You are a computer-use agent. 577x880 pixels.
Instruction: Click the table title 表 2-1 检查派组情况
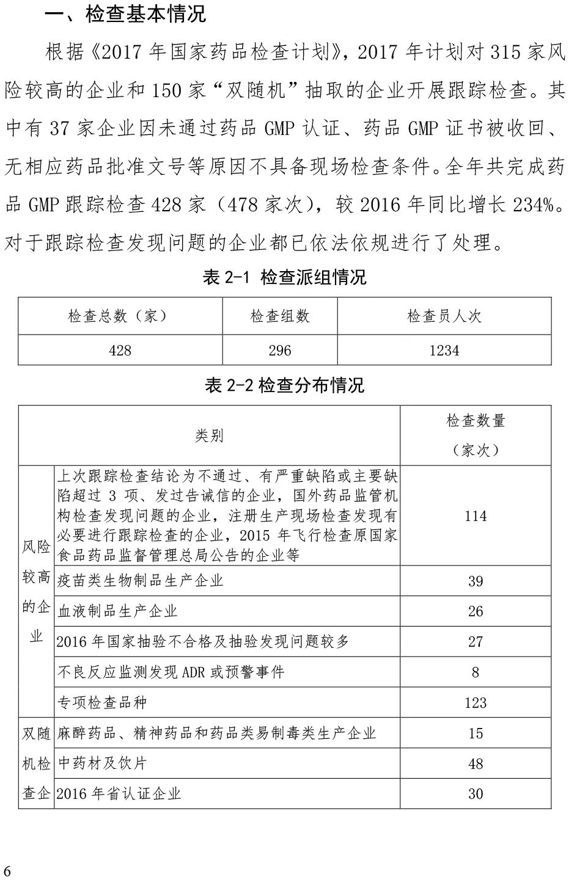tap(284, 277)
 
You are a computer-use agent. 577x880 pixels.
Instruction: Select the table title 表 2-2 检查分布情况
tap(284, 385)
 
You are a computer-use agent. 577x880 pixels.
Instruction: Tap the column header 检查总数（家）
tap(120, 316)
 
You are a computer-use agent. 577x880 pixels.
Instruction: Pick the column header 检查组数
tap(280, 316)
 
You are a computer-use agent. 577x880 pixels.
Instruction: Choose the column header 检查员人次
tap(444, 316)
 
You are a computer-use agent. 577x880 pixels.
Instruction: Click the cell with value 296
tap(280, 350)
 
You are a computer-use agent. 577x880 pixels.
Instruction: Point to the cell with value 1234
tap(444, 350)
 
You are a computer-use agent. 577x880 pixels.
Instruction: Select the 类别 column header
tap(209, 435)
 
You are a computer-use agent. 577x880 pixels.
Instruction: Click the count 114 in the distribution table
tap(476, 516)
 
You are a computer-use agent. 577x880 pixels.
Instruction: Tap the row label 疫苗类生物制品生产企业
tap(141, 580)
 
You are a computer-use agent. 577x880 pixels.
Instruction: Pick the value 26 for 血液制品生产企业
tap(476, 611)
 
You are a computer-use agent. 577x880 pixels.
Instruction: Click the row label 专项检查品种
tap(102, 702)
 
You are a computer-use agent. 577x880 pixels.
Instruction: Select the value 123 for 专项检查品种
tap(476, 703)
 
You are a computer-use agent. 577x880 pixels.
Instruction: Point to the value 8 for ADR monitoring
tap(476, 672)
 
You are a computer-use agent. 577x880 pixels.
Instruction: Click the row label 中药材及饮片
tap(102, 763)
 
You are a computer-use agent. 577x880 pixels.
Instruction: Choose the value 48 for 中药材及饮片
tap(476, 764)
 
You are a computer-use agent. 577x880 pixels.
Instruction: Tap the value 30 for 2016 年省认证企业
tap(476, 794)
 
